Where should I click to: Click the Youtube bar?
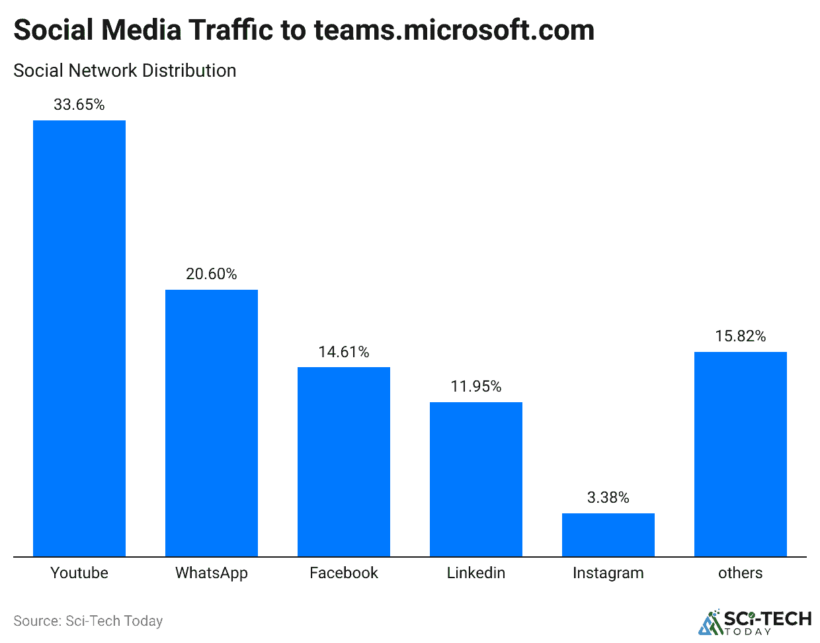(x=79, y=338)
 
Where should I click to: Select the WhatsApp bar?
(x=212, y=423)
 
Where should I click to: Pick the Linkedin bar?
(x=476, y=479)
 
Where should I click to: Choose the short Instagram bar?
(x=608, y=535)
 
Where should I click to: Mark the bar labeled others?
(x=741, y=454)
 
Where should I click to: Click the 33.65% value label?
(x=79, y=105)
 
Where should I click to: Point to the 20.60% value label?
(x=212, y=274)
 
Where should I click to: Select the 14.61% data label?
(x=344, y=352)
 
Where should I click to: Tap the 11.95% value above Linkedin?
(x=476, y=386)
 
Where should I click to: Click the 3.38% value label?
(x=608, y=497)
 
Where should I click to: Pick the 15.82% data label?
(x=741, y=336)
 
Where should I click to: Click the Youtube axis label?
(x=79, y=573)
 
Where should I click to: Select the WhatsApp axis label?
(x=212, y=573)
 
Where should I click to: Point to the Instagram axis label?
(x=608, y=573)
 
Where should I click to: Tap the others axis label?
(x=741, y=573)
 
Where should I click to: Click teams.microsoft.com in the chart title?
(x=454, y=30)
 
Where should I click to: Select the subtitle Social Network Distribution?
(x=125, y=71)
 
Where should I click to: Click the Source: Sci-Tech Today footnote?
(x=88, y=621)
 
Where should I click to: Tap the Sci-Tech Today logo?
(x=755, y=622)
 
